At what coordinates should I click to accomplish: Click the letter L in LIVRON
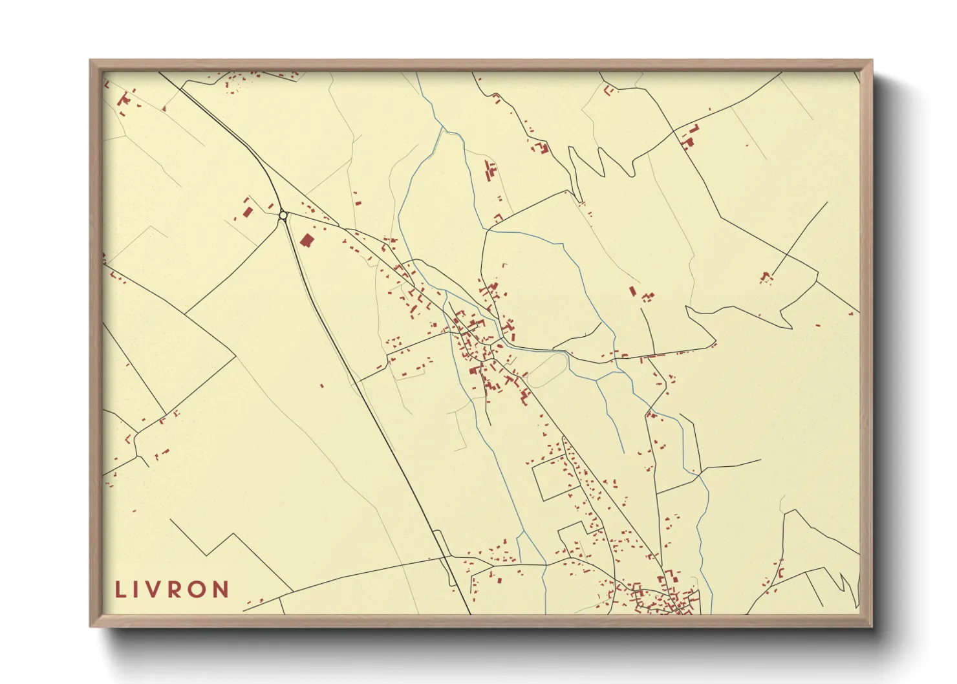(x=120, y=590)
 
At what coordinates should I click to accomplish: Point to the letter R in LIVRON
(x=177, y=590)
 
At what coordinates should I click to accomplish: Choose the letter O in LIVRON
(x=199, y=590)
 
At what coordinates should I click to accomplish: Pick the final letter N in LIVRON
(x=222, y=590)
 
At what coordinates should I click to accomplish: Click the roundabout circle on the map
(x=283, y=215)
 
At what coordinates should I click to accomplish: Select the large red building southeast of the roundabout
(x=306, y=240)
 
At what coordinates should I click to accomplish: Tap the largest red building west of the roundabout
(x=246, y=211)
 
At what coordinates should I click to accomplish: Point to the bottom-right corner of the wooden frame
(x=872, y=626)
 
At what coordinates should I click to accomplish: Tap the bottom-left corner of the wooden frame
(x=91, y=626)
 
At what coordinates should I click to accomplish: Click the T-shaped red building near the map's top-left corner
(x=124, y=100)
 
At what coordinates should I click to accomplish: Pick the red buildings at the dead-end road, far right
(x=767, y=277)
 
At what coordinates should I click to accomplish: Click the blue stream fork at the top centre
(x=443, y=129)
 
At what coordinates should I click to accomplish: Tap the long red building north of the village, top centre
(x=489, y=172)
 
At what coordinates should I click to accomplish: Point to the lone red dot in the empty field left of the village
(x=321, y=386)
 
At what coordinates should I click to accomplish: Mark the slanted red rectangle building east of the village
(x=632, y=291)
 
